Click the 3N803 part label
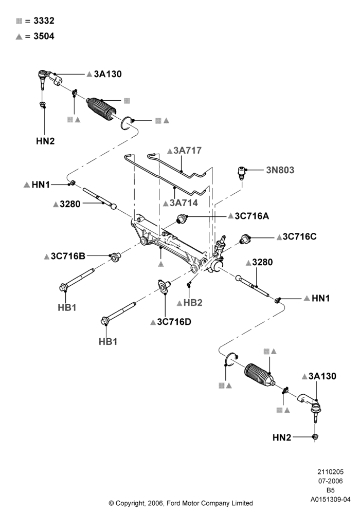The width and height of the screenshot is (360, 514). coord(280,170)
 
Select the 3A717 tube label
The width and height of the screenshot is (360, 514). coord(187,151)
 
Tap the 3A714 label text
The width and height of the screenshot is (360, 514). coord(184,203)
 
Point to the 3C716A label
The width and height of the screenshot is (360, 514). coord(251,216)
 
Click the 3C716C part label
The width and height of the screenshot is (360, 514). coord(299,236)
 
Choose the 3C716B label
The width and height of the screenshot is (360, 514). coord(68,256)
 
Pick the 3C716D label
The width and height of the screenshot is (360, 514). coord(174,322)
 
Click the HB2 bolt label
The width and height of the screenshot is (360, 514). coord(193,303)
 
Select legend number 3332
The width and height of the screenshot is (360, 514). coord(44,21)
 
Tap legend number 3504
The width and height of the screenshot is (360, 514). coord(44,36)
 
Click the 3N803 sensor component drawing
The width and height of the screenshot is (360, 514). coord(241,173)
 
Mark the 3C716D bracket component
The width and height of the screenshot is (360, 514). coord(163,285)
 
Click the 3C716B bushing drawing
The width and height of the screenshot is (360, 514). coord(114,256)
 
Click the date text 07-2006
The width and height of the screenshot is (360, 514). coord(330,481)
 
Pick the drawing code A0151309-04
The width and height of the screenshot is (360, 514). coord(330,500)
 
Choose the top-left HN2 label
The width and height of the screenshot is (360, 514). coord(45,141)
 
